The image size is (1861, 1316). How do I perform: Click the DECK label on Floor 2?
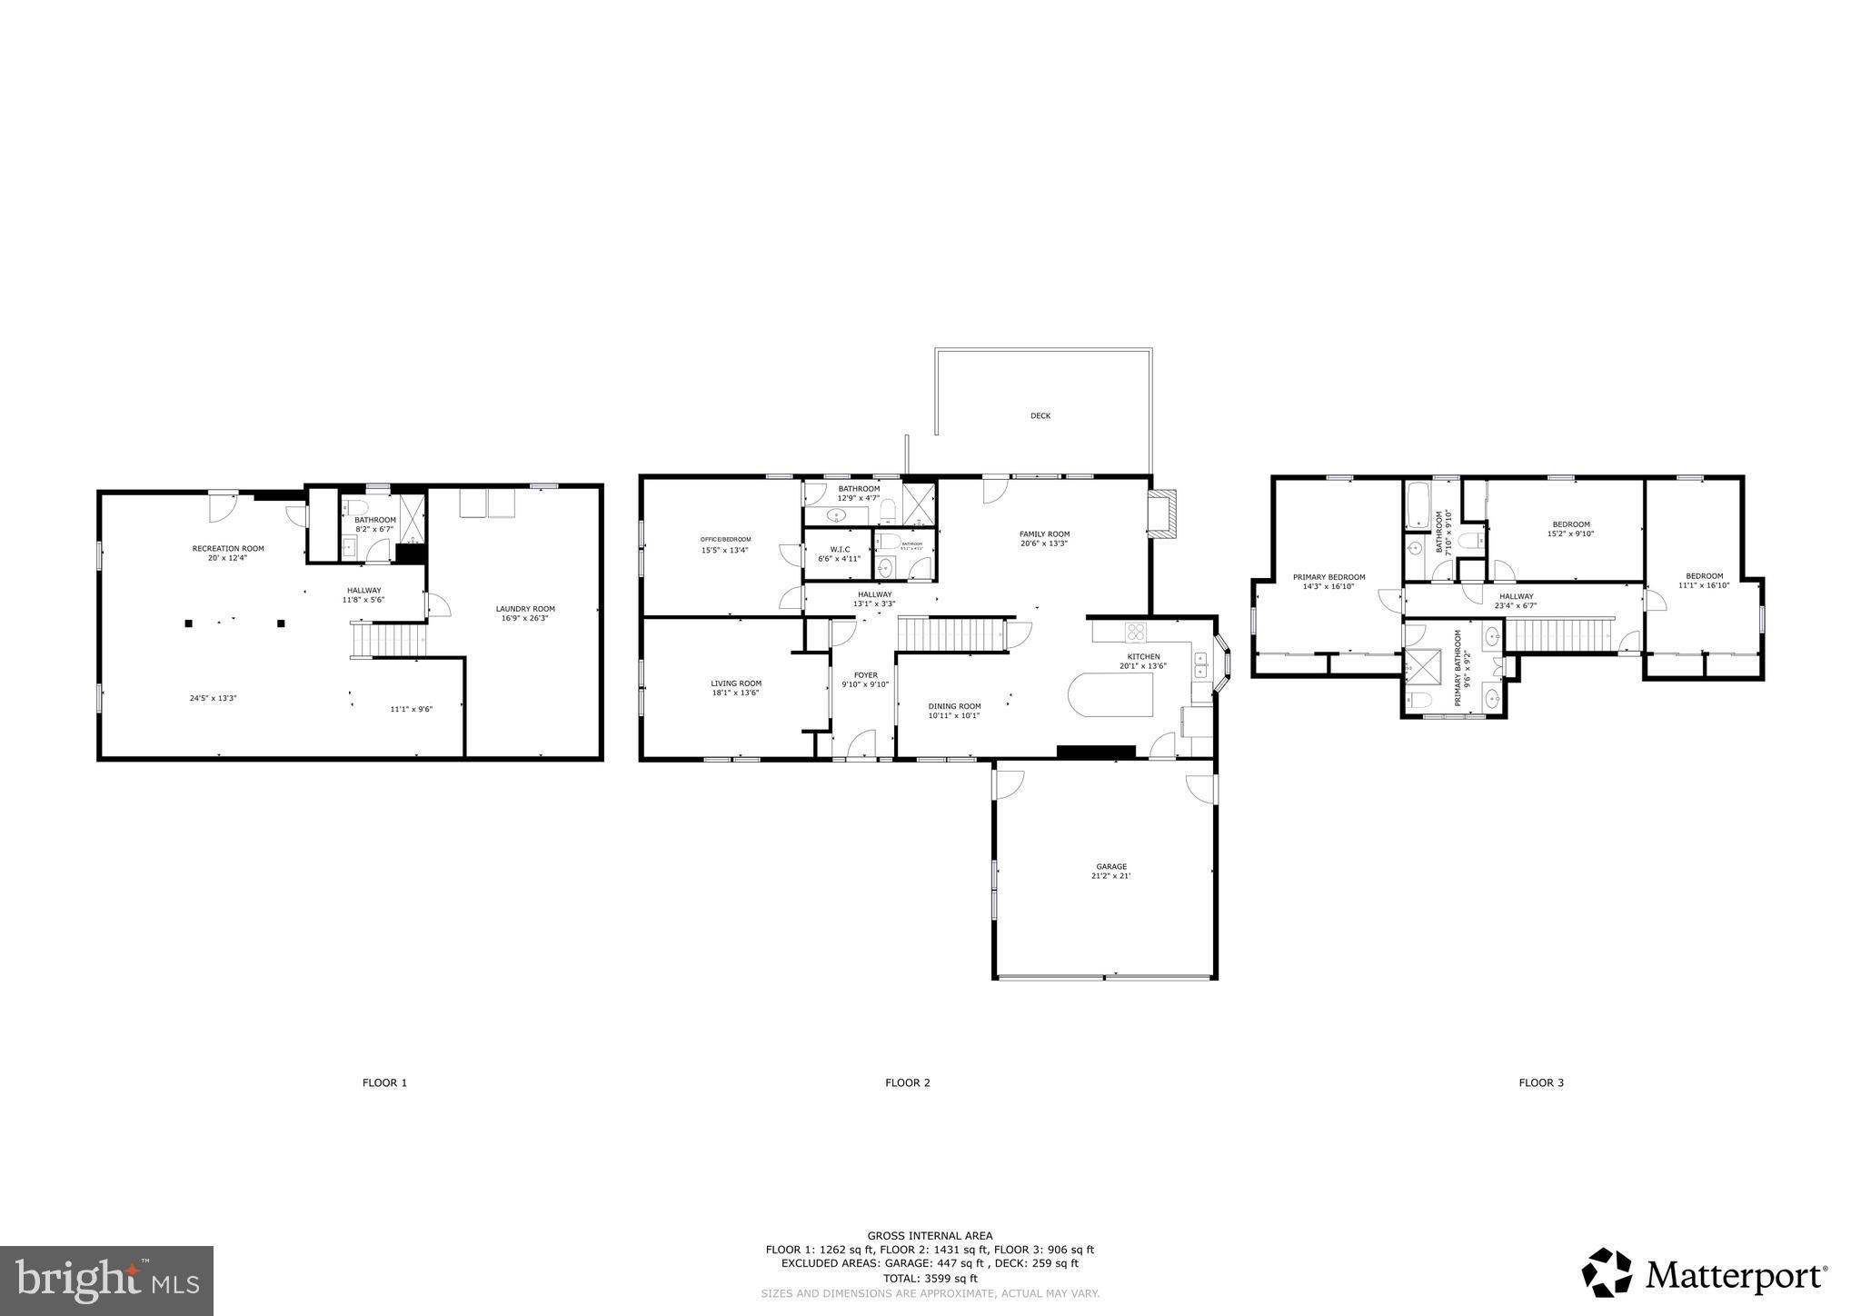point(1040,416)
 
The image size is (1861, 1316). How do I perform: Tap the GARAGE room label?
point(1110,866)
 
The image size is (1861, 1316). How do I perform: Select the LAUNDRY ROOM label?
point(525,609)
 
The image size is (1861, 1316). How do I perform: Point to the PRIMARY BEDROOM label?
point(1329,577)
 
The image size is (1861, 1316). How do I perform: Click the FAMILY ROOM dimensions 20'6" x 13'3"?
point(1043,543)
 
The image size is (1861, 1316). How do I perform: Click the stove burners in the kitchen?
point(1136,632)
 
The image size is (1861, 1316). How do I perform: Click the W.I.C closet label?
point(840,549)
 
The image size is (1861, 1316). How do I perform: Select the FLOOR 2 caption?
point(908,1082)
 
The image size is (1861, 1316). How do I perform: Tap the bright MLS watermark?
point(107,1280)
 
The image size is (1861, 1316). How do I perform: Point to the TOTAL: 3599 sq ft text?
point(930,1278)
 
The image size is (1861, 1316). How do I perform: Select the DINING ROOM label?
point(954,706)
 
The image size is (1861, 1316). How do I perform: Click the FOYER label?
point(865,675)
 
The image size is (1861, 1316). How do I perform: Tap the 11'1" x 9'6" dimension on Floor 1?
point(411,709)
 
